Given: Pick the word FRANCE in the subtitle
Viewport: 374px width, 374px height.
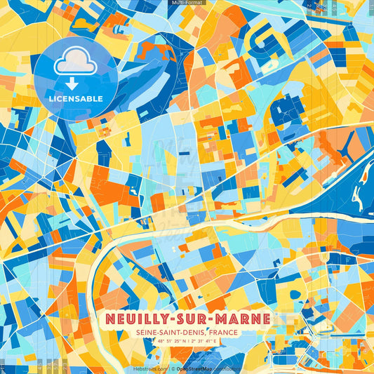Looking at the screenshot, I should tap(238, 333).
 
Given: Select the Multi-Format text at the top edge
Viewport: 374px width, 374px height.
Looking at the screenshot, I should tap(186, 3).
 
